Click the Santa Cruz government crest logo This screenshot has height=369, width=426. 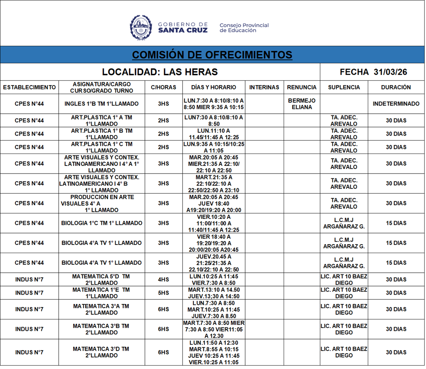[141, 28]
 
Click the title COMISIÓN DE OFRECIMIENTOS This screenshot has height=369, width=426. [212, 55]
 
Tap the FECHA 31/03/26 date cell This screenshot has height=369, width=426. [373, 72]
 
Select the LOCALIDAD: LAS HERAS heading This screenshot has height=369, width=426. [160, 72]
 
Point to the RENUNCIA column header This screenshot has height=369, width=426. [302, 87]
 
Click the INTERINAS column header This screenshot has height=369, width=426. [264, 87]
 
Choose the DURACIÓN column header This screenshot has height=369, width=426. [396, 87]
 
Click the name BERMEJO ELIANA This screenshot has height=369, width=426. [302, 104]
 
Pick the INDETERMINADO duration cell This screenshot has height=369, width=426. [396, 104]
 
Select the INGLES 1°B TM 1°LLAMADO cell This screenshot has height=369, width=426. [102, 104]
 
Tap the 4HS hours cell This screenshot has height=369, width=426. [163, 280]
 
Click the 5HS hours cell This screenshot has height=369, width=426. [163, 293]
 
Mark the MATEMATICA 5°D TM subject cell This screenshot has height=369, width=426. [101, 280]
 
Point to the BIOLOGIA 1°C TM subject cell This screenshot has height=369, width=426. [102, 223]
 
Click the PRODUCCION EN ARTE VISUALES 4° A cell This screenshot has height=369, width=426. [102, 204]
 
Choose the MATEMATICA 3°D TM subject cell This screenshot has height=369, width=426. [101, 352]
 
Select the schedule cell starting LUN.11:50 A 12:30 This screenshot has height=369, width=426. [214, 352]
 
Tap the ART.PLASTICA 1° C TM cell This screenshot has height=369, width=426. [102, 147]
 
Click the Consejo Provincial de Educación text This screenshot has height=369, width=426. [244, 28]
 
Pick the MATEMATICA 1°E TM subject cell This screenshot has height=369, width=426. [101, 293]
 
